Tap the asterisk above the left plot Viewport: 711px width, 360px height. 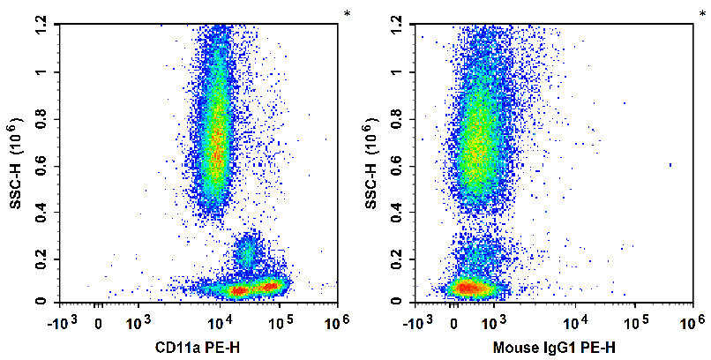pyautogui.click(x=347, y=13)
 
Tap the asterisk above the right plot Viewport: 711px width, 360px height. pyautogui.click(x=703, y=13)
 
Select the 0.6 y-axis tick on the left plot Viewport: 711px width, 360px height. pyautogui.click(x=41, y=165)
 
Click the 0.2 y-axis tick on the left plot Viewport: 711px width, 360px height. pyautogui.click(x=41, y=257)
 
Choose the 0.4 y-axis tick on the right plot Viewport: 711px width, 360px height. pyautogui.click(x=398, y=211)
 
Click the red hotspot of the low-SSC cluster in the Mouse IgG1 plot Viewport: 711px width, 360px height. pyautogui.click(x=468, y=288)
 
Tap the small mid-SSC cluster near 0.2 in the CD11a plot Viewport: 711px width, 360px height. pyautogui.click(x=246, y=254)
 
